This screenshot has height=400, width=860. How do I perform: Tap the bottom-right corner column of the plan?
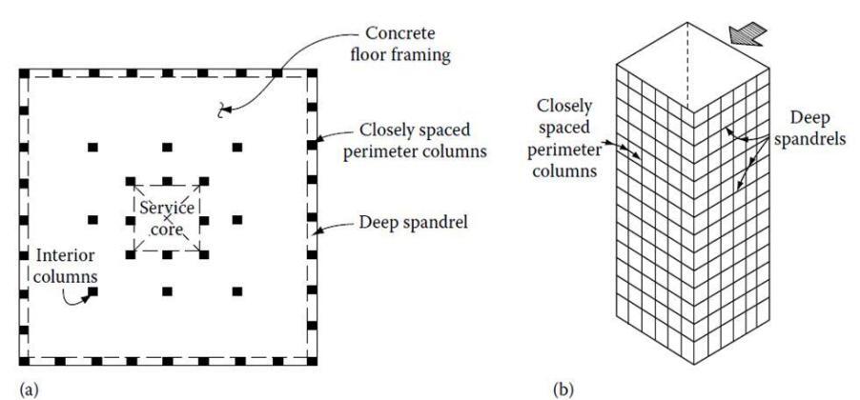311,362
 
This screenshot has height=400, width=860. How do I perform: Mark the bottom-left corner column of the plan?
23,362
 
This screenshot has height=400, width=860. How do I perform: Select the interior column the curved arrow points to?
93,290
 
